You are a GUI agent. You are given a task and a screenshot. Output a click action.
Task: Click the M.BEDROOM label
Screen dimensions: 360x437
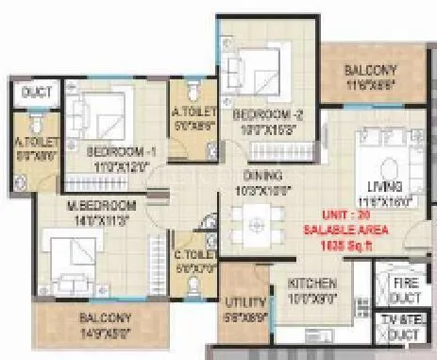[102, 205]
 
